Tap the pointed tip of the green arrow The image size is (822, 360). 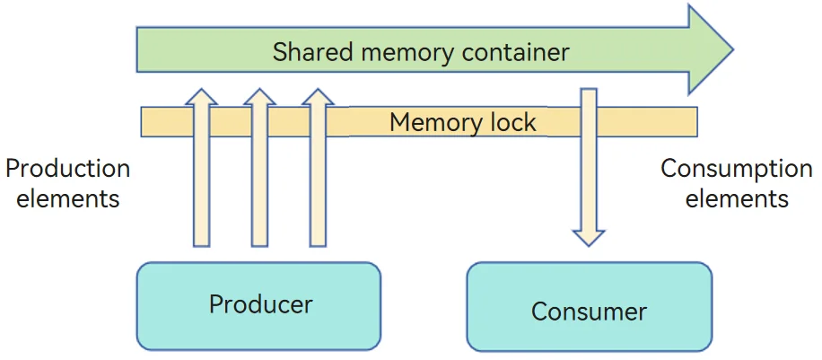point(732,50)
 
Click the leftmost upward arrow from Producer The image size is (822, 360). point(201,167)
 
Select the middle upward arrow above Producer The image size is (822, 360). point(259,167)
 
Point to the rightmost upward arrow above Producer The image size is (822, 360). point(318,167)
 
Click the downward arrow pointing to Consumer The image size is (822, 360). point(589,167)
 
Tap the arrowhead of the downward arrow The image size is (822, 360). point(589,238)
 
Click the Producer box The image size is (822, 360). point(258,306)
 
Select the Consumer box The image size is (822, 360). point(590,306)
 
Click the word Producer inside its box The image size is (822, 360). point(260,303)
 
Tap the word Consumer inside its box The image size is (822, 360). point(589,312)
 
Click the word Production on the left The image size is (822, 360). point(67,169)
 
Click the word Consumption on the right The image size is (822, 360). point(736,170)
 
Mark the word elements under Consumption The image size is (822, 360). point(737,199)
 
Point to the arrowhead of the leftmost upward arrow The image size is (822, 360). point(201,97)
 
